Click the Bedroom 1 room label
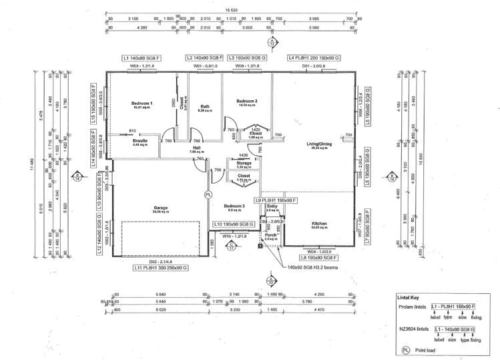142,104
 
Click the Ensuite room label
140,141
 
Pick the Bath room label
206,107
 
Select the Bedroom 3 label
234,206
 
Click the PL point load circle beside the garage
208,194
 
